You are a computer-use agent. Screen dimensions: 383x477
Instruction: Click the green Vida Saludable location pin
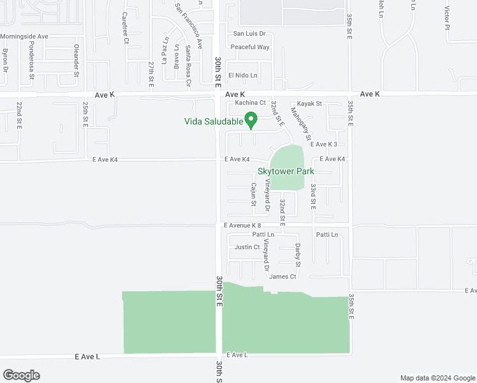251,119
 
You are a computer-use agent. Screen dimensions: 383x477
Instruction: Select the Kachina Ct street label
250,102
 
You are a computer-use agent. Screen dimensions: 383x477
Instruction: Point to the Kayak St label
309,103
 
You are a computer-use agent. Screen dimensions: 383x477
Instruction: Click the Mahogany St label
300,123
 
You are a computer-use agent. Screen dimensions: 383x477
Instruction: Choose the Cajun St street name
253,195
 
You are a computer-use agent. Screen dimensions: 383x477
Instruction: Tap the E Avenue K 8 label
242,225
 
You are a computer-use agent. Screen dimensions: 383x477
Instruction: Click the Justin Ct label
247,247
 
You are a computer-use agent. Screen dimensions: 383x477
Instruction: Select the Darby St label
297,255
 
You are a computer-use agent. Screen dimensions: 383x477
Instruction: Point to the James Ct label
283,276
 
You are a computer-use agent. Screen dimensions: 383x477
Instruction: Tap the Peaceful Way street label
250,47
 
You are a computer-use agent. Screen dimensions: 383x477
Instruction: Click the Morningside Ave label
24,36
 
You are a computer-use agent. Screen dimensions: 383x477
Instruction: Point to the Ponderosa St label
32,62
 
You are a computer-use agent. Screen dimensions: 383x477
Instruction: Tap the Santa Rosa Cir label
188,64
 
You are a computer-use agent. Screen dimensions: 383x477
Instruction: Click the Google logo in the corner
21,375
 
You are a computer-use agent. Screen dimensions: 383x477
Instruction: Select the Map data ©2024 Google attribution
437,378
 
